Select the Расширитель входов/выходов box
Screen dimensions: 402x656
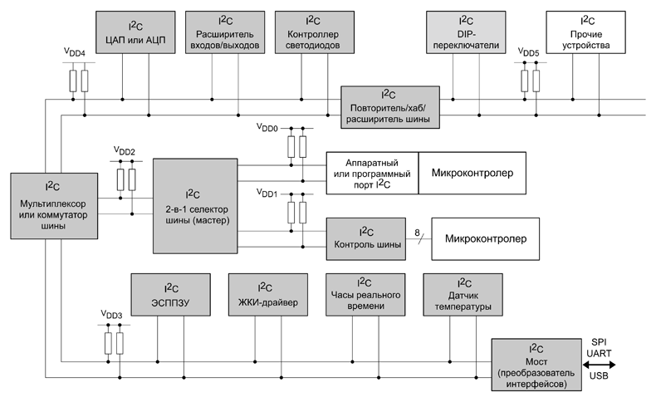click(x=226, y=32)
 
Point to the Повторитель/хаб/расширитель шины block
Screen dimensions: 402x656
click(x=387, y=106)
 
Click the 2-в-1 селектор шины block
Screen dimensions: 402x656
click(x=195, y=205)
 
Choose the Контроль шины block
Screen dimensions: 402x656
click(x=365, y=238)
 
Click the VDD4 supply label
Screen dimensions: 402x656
click(x=75, y=52)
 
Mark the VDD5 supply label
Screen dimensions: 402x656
click(x=528, y=52)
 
